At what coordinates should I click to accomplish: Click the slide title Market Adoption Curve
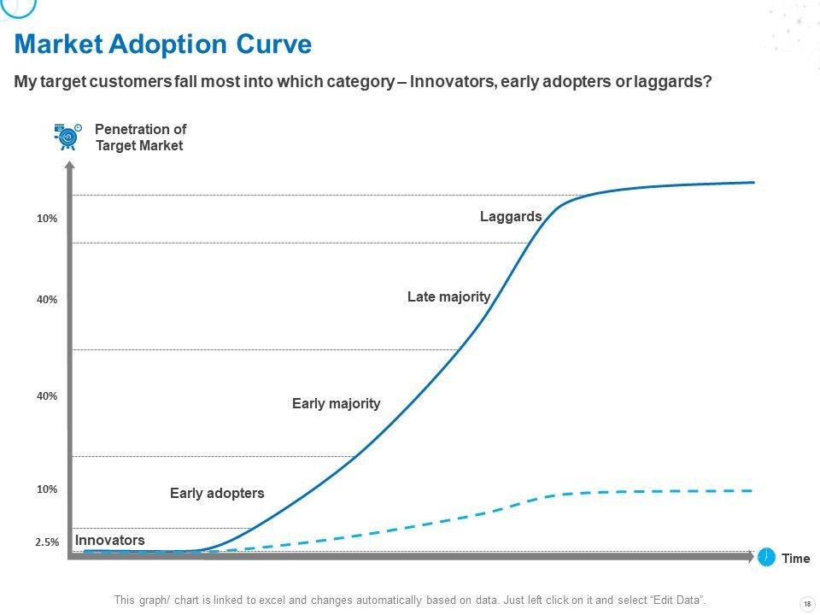163,44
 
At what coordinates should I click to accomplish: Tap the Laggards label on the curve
511,217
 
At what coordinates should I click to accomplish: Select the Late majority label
448,297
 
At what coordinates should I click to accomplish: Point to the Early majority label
336,403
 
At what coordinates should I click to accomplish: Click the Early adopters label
217,493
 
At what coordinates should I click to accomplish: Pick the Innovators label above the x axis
109,541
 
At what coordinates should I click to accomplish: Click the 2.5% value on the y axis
47,542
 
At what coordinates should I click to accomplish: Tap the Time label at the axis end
795,559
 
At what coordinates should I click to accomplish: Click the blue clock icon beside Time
767,557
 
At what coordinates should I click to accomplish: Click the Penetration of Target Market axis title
140,138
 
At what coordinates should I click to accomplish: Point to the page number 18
807,604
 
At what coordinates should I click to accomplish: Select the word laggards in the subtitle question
671,83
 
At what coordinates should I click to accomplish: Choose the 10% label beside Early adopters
47,489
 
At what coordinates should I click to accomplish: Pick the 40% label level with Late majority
47,300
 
